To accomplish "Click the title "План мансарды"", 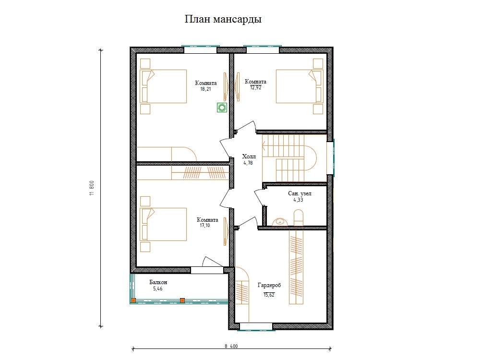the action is click(223, 19).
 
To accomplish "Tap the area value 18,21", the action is click(205, 89).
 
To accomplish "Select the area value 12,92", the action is click(256, 87).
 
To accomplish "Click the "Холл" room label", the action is click(249, 156).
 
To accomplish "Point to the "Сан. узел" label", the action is click(300, 193).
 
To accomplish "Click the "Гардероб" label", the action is click(269, 285).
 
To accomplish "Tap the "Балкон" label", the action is click(158, 282).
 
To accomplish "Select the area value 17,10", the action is click(205, 226).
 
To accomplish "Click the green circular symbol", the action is click(222, 108).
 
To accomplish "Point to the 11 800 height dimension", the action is click(92, 188).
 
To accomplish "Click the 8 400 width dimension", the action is click(231, 346).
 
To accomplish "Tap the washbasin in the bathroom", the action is click(280, 222).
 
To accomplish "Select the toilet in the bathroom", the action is click(299, 218).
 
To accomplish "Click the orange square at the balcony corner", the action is click(133, 300).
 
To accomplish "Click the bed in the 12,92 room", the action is click(300, 86).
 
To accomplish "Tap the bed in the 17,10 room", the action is click(163, 224).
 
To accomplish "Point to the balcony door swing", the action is click(212, 262).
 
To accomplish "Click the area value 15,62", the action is click(269, 295).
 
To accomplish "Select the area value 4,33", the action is click(298, 200).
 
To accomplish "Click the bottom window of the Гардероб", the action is click(256, 327).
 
